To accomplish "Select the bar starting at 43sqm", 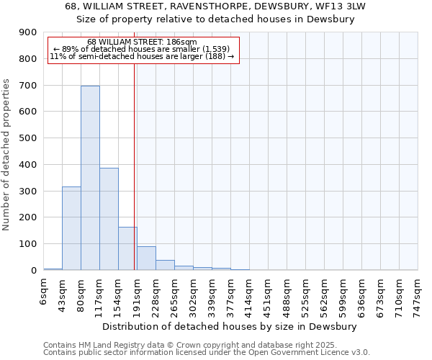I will (x=71, y=228).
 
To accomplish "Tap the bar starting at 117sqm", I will (x=109, y=219).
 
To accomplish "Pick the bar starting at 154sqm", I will (x=127, y=248).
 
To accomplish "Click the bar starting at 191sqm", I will (x=146, y=258).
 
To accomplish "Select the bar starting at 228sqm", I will (x=165, y=265).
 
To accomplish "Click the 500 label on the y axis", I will (x=27, y=138).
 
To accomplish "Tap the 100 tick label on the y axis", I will (x=27, y=244).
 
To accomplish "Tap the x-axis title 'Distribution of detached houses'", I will (x=230, y=326).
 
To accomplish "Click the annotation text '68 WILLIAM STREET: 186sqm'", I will (x=142, y=42).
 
